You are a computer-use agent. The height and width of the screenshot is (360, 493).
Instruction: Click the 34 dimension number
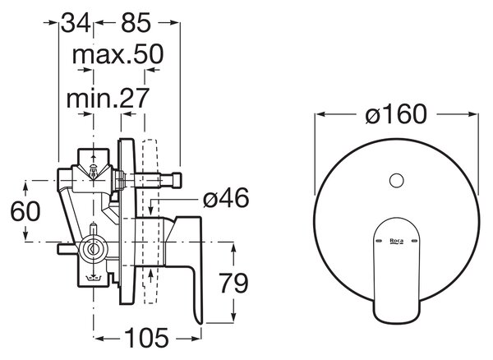click(76, 23)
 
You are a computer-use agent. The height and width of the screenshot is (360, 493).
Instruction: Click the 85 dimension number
click(136, 23)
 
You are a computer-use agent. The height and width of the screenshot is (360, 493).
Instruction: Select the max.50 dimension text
click(117, 54)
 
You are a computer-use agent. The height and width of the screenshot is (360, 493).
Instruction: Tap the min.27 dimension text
click(107, 98)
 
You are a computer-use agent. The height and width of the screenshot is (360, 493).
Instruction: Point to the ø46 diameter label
click(226, 198)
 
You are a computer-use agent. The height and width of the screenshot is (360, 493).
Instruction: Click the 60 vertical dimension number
click(25, 211)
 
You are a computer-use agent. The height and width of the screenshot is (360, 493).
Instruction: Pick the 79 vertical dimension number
click(233, 284)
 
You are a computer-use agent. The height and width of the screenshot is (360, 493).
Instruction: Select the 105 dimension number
click(146, 338)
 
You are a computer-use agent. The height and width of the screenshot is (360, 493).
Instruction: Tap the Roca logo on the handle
click(397, 241)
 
